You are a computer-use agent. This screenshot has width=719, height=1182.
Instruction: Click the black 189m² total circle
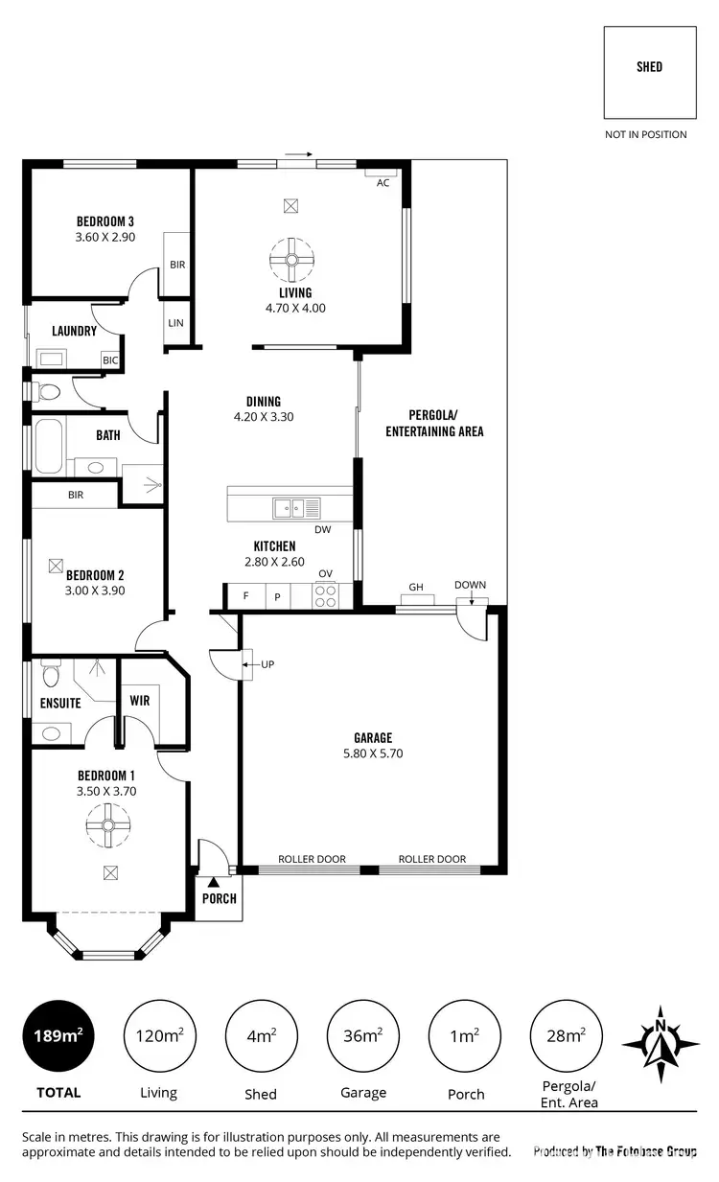pyautogui.click(x=58, y=1035)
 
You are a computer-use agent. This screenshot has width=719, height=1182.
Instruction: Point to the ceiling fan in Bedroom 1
pyautogui.click(x=107, y=824)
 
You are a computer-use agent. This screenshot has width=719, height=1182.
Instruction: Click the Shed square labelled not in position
pyautogui.click(x=649, y=72)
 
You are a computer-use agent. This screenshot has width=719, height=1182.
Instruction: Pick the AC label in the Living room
pyautogui.click(x=383, y=182)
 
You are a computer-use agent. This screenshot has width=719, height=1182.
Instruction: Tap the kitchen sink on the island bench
pyautogui.click(x=288, y=506)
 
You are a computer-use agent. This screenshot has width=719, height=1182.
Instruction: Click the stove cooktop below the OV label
pyautogui.click(x=326, y=596)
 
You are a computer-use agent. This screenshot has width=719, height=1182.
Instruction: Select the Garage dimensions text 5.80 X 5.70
pyautogui.click(x=373, y=753)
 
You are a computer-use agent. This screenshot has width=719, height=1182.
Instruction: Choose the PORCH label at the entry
pyautogui.click(x=219, y=898)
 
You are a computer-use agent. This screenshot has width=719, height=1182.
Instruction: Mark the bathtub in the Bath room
pyautogui.click(x=48, y=447)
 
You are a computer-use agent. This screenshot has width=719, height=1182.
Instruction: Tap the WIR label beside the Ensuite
pyautogui.click(x=140, y=701)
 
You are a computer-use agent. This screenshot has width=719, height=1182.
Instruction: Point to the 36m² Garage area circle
pyautogui.click(x=362, y=1035)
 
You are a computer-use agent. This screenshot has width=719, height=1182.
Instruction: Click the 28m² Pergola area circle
pyautogui.click(x=565, y=1035)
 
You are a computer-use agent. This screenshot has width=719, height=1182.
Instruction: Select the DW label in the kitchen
pyautogui.click(x=322, y=529)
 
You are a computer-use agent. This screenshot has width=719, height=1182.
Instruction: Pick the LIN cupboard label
pyautogui.click(x=175, y=323)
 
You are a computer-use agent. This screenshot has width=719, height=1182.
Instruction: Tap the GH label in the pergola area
pyautogui.click(x=416, y=586)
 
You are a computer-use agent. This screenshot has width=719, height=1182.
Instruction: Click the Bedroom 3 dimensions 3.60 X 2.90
pyautogui.click(x=105, y=236)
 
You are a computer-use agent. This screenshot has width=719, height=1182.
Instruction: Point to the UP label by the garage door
pyautogui.click(x=267, y=663)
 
